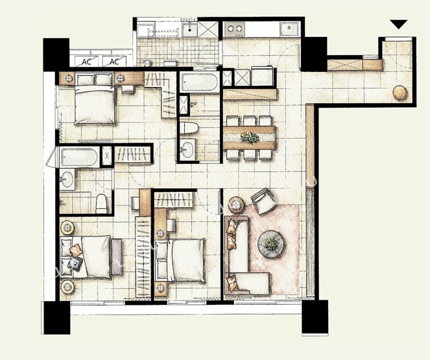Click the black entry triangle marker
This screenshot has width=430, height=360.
[399, 24]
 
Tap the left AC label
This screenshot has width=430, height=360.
[87, 62]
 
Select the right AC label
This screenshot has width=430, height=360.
[114, 62]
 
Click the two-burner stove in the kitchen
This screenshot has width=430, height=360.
[235, 29]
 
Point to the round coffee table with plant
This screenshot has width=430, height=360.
[272, 244]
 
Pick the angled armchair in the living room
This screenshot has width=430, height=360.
[263, 202]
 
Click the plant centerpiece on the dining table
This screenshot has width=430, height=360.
[250, 138]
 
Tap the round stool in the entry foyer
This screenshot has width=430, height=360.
[400, 92]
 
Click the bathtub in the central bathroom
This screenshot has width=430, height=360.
[199, 82]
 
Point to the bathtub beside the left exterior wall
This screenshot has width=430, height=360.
[79, 157]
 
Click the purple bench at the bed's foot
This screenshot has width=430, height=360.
[117, 257]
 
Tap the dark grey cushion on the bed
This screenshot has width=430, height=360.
[75, 263]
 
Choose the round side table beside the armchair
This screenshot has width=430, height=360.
[236, 204]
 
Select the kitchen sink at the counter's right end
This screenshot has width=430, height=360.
[289, 29]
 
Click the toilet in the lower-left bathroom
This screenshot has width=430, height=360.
[101, 204]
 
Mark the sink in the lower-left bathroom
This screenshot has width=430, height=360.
[67, 179]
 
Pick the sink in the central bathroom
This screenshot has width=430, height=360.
[188, 149]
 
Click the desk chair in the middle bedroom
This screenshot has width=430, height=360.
[171, 225]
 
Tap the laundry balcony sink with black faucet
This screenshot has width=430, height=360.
[189, 29]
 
